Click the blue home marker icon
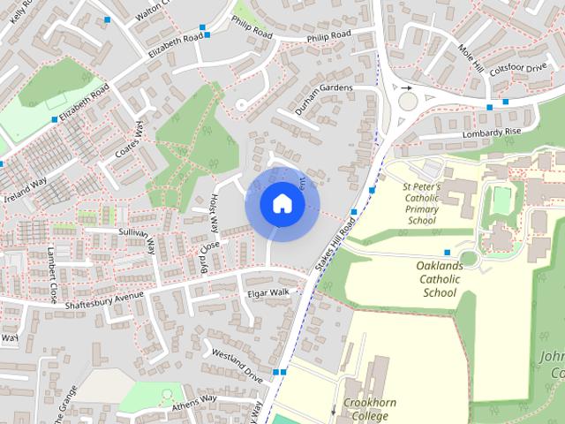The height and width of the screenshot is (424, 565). click(282, 203)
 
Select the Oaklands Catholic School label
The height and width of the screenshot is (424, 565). click(426, 278)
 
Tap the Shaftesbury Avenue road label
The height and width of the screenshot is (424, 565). click(104, 299)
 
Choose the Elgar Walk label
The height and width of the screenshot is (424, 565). click(268, 292)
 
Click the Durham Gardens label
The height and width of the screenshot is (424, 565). click(323, 88)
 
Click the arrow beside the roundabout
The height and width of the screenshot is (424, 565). click(406, 88)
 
